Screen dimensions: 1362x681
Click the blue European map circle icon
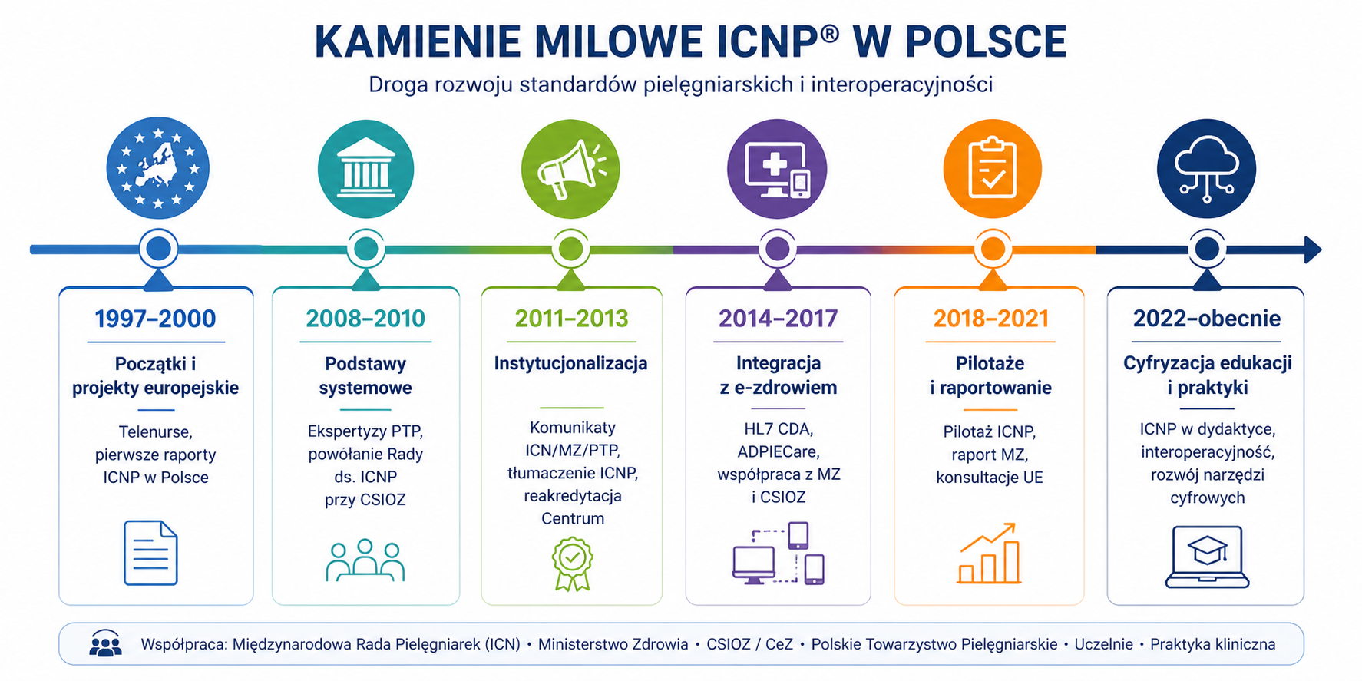(157, 168)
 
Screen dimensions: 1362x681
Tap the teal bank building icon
(365, 169)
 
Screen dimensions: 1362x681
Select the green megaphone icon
(570, 169)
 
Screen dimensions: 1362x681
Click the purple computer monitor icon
(777, 169)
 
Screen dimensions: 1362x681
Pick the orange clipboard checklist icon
(992, 169)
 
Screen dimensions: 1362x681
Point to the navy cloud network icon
(1206, 169)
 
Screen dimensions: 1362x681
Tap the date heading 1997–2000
(155, 319)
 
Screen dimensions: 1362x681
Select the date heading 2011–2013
(571, 319)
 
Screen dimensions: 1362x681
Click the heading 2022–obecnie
(1207, 319)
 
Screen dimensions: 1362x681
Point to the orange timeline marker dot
(992, 249)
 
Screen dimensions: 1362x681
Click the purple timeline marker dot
(777, 249)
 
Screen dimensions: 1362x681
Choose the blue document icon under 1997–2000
(150, 553)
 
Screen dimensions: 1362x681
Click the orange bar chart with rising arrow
(989, 554)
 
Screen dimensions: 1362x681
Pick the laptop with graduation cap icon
(1207, 557)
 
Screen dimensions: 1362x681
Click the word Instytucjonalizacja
(571, 363)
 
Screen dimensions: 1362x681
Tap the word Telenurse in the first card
(155, 432)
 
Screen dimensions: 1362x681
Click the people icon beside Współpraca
(105, 644)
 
